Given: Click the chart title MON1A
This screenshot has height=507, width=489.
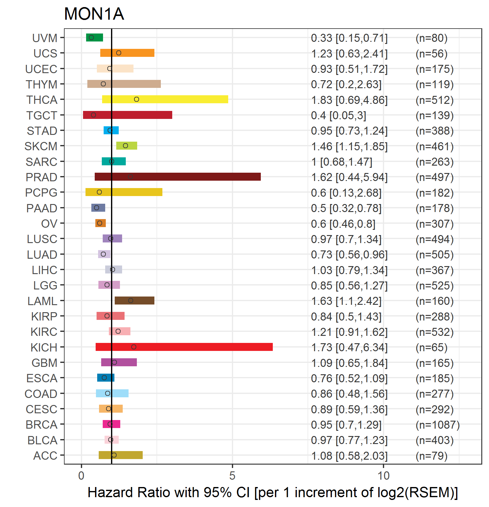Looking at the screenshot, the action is (x=94, y=14).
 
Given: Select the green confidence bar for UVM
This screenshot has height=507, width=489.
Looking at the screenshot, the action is (x=94, y=37).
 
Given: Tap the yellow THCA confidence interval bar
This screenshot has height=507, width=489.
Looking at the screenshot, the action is (x=165, y=99).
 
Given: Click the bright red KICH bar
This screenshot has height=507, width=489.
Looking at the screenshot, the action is (x=184, y=347).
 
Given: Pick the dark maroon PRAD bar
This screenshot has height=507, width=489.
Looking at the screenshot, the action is (x=178, y=177).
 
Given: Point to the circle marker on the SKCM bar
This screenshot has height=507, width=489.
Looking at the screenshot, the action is (x=125, y=146).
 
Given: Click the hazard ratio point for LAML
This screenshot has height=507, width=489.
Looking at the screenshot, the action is (x=131, y=301).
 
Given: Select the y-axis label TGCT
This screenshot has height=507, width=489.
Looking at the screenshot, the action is (x=42, y=116).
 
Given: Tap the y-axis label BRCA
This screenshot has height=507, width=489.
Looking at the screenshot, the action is (x=42, y=425).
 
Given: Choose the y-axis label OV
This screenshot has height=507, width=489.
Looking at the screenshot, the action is (x=49, y=224).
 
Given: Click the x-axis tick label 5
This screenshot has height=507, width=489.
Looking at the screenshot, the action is (x=232, y=476).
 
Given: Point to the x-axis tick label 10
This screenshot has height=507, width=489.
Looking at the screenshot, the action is (x=384, y=476).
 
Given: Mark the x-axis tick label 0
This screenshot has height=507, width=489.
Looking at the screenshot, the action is (x=81, y=476).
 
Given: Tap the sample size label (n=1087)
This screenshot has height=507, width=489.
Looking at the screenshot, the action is (x=438, y=425).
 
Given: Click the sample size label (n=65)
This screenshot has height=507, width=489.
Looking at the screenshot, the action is (x=431, y=347).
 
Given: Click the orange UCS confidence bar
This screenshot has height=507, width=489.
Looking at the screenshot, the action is (x=127, y=53).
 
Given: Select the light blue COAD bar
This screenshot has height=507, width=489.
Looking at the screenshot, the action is (x=112, y=393).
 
